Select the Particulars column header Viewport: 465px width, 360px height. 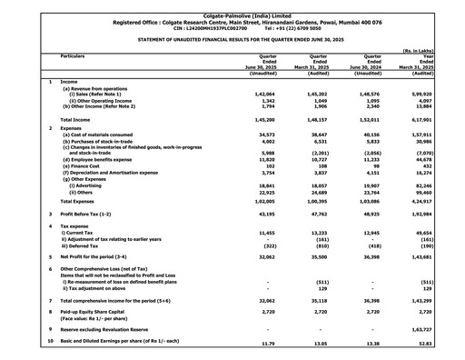(77, 55)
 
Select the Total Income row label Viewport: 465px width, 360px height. (81, 119)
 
